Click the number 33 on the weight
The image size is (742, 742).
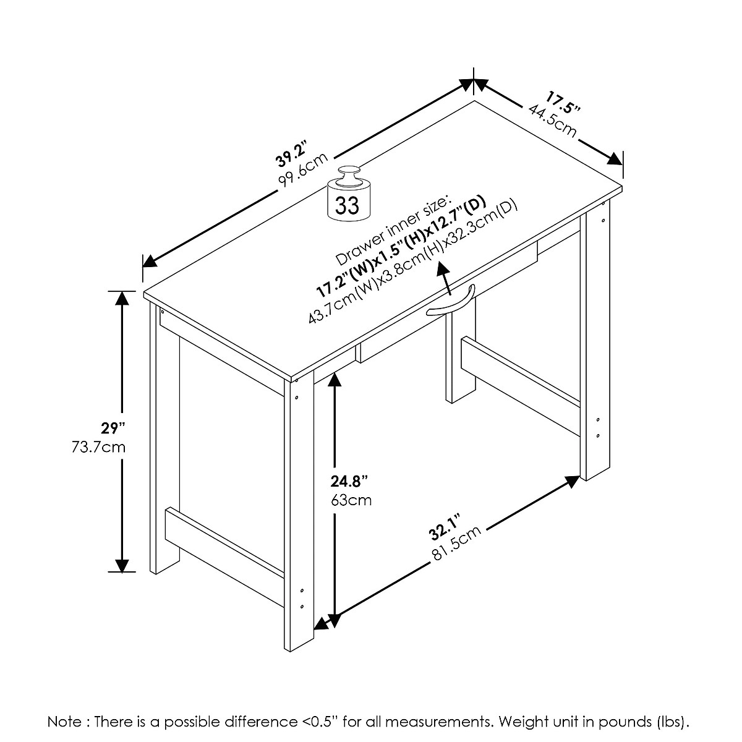(x=348, y=205)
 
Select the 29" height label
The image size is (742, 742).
(x=114, y=427)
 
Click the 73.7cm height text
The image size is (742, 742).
(x=99, y=446)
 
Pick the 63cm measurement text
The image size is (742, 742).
(x=351, y=500)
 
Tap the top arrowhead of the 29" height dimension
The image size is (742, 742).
(x=122, y=298)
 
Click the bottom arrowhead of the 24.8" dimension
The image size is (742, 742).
(x=335, y=621)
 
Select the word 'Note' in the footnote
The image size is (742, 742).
(x=64, y=722)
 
